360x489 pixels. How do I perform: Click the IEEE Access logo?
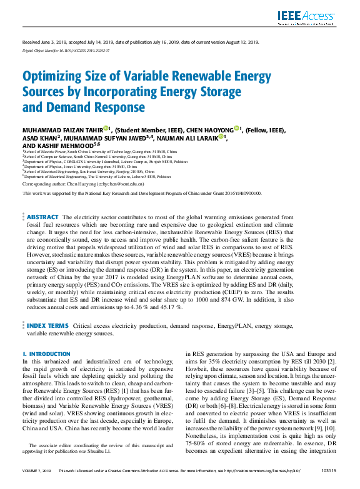point(310,17)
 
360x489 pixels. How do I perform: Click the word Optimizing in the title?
point(50,78)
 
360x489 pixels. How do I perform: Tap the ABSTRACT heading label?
point(44,217)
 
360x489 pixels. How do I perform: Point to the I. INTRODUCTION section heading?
point(46,354)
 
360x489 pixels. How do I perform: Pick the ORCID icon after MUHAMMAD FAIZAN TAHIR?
point(106,130)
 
